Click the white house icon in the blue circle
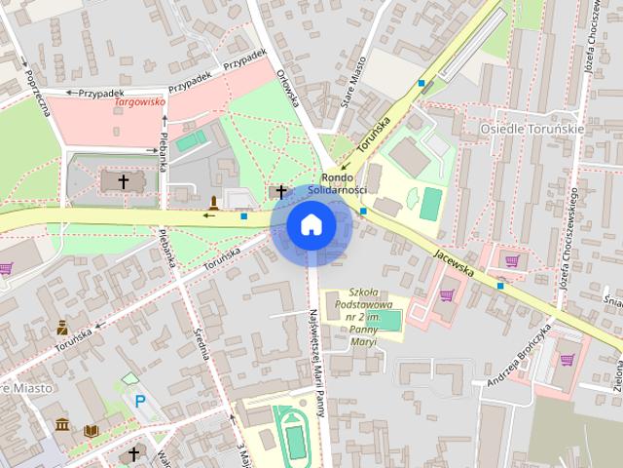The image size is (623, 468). pos(311,224)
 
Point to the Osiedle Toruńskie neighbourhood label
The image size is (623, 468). pos(532,129)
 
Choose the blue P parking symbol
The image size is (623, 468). pos(140,400)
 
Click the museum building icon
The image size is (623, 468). pos(63,425)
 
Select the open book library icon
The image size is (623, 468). pos(92,430)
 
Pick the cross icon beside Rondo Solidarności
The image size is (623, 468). pos(282,191)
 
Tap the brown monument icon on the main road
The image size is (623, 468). pos(213,202)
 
